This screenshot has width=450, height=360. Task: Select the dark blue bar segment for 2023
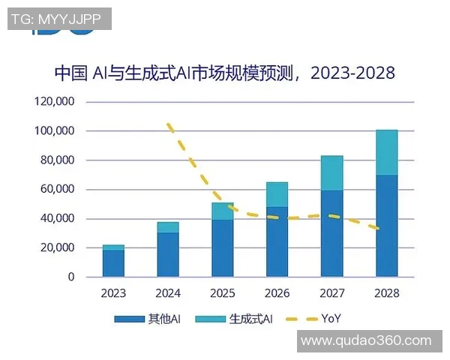click(113, 263)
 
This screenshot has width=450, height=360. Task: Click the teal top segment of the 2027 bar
click(332, 173)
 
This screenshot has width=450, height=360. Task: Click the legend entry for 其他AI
click(148, 319)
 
